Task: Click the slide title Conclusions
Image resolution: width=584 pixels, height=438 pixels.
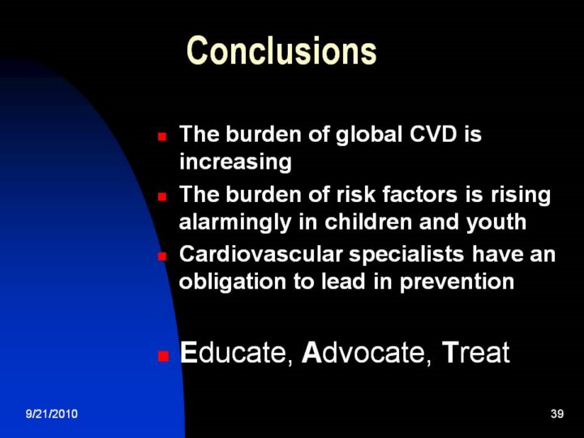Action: click(x=281, y=50)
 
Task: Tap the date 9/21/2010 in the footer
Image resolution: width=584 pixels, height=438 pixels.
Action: click(x=52, y=414)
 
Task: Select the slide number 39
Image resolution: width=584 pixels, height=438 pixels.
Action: click(x=557, y=414)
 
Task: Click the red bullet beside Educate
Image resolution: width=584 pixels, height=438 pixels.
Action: click(x=163, y=356)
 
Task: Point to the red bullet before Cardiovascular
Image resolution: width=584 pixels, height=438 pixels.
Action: click(x=161, y=256)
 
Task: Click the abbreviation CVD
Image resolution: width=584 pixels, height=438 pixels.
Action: click(x=433, y=134)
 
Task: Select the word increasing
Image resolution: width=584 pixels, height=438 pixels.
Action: click(x=235, y=161)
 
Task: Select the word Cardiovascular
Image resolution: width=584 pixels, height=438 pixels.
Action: click(x=260, y=255)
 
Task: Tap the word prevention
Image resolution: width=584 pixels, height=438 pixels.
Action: click(x=457, y=282)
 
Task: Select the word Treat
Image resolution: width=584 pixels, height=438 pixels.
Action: click(x=475, y=352)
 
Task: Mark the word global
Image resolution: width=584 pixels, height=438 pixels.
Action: click(x=369, y=135)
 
